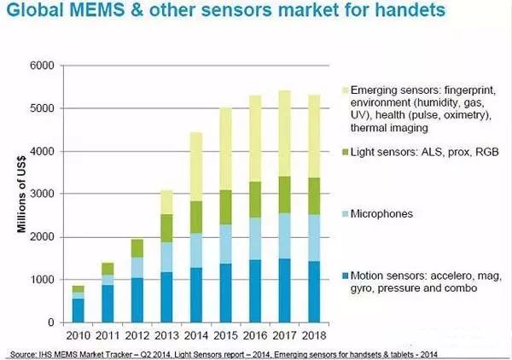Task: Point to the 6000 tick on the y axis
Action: coord(42,66)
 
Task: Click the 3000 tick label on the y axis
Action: coord(42,195)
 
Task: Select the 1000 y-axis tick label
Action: coord(42,280)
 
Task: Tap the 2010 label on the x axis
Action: coord(77,335)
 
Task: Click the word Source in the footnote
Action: coord(24,353)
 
